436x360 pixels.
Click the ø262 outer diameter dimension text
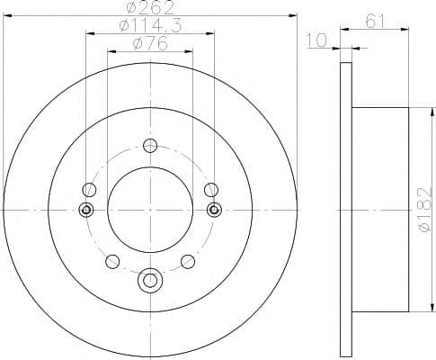[x=150, y=7]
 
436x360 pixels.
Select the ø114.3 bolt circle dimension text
[x=150, y=25]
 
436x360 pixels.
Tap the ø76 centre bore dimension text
[x=150, y=44]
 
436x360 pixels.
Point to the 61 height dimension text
[x=375, y=21]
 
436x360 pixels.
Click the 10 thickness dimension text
[x=316, y=40]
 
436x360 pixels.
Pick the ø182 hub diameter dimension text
[x=425, y=210]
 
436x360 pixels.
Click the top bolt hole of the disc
[x=150, y=146]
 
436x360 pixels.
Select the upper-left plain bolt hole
[x=89, y=190]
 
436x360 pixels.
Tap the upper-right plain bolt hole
[x=211, y=190]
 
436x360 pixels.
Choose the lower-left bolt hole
[x=112, y=261]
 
